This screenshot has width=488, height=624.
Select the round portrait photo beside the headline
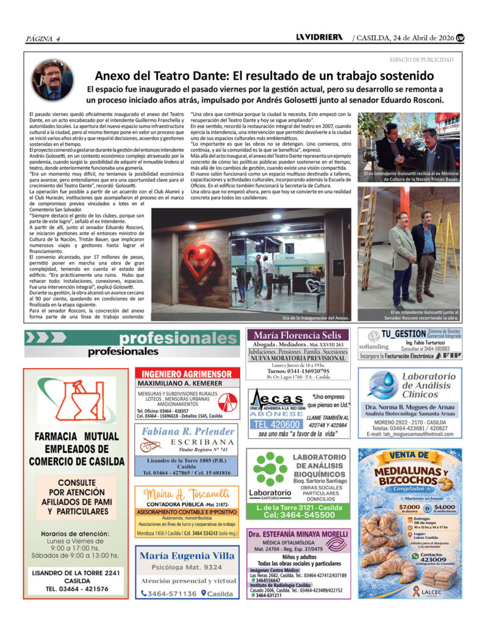click(x=52, y=80)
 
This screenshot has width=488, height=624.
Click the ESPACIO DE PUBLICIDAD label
click(x=421, y=60)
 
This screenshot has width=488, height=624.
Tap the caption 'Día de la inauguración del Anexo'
click(x=315, y=318)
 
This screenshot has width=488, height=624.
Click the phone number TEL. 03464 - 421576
click(x=76, y=589)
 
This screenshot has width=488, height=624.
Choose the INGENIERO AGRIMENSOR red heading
click(x=187, y=374)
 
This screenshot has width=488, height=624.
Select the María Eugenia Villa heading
click(x=187, y=555)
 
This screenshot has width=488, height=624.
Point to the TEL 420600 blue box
click(x=276, y=424)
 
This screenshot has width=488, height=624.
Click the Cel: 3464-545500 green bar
click(x=299, y=515)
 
